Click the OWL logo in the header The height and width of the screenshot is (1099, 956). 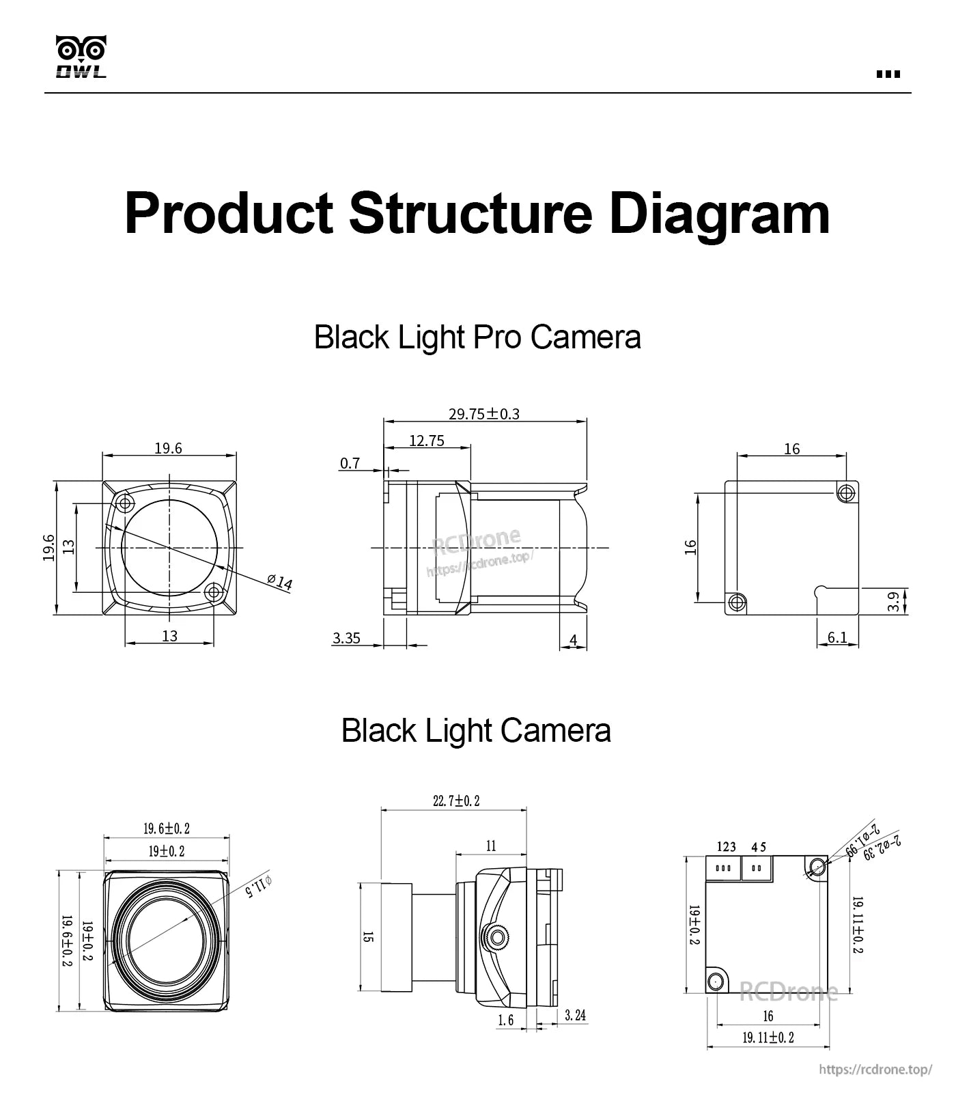(x=81, y=57)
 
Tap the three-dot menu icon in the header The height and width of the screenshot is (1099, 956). (x=888, y=74)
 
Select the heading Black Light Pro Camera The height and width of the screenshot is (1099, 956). (x=477, y=337)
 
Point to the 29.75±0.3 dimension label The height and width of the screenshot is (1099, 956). (x=483, y=414)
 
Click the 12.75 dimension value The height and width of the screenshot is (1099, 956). (x=427, y=441)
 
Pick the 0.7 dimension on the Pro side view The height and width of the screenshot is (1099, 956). (x=350, y=464)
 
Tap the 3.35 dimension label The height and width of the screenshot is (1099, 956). (x=346, y=639)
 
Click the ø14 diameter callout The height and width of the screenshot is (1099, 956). (x=280, y=582)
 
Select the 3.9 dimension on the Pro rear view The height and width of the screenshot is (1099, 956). (x=893, y=602)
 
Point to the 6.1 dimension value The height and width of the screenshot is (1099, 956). (x=836, y=637)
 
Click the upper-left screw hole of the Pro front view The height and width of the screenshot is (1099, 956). (x=125, y=504)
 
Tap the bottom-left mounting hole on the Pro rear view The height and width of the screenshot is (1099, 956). (x=736, y=602)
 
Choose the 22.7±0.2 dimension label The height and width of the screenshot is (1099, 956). (x=456, y=801)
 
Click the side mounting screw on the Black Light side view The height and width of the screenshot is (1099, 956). (x=497, y=934)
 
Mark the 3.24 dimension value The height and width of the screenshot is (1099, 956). (x=575, y=1016)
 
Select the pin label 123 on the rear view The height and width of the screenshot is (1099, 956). (x=726, y=847)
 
